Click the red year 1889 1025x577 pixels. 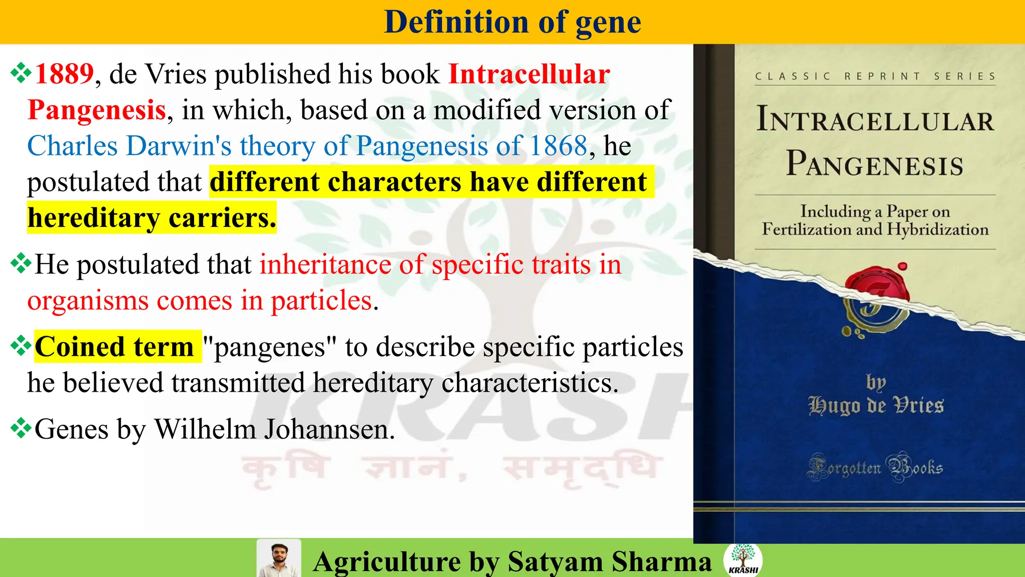64,74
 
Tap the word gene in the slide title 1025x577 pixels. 608,23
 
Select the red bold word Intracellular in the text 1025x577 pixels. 529,74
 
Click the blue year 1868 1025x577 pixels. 558,146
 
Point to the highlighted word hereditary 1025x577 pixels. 94,218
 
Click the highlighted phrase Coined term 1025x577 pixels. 115,347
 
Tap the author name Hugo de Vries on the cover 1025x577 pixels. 876,405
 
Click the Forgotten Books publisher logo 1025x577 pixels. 875,468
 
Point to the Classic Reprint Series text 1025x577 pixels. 875,77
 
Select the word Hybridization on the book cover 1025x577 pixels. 937,230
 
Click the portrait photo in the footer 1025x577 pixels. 279,558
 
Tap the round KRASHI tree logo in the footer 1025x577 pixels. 743,559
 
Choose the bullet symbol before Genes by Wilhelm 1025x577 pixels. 21,428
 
